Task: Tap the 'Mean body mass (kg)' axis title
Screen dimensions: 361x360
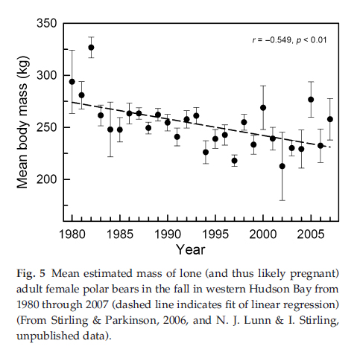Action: tap(22, 127)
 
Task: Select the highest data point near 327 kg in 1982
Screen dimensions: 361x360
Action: tap(92, 48)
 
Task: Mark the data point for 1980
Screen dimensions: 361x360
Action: tap(72, 82)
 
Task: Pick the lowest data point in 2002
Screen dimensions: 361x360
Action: tap(282, 166)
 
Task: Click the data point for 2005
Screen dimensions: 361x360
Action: tap(311, 99)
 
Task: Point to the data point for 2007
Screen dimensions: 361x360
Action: tap(330, 119)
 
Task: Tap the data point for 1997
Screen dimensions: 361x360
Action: tap(235, 161)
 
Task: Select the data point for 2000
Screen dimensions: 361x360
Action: tap(263, 107)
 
